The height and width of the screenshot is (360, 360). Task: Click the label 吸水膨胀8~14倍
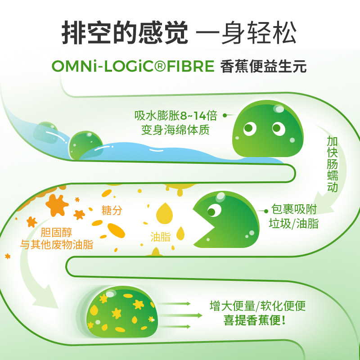[176, 116]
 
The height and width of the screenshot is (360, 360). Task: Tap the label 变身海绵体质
[175, 130]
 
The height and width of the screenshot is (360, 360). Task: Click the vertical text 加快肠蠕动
[333, 164]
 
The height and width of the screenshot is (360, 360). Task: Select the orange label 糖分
[112, 210]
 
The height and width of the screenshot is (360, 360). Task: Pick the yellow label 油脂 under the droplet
[161, 237]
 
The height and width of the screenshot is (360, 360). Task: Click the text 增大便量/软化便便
[258, 306]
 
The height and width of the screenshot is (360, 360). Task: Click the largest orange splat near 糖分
[57, 205]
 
